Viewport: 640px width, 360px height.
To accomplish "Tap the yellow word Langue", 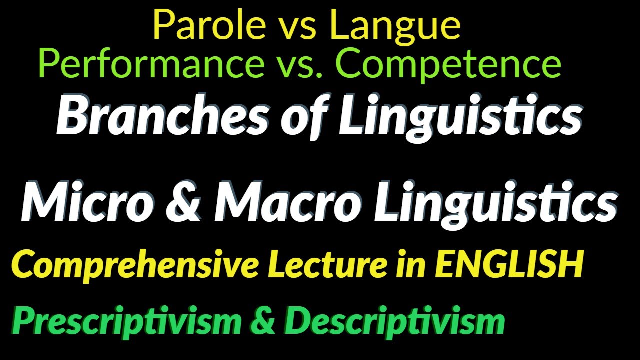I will pyautogui.click(x=395, y=26).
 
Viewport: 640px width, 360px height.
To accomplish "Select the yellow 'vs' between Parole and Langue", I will pyautogui.click(x=298, y=27).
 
